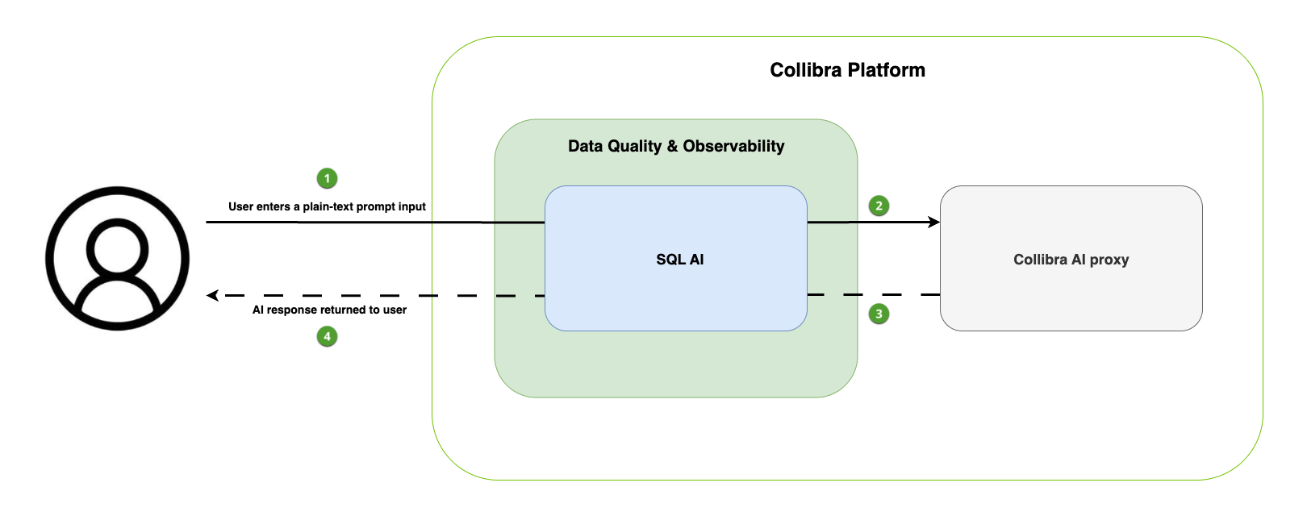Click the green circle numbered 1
(327, 178)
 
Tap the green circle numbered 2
(879, 206)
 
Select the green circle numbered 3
(879, 314)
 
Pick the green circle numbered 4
(327, 336)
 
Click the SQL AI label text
(679, 260)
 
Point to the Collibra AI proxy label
(1071, 260)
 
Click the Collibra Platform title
(847, 70)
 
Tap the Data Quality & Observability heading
(676, 146)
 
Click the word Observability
(733, 146)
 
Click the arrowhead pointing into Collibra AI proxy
(934, 222)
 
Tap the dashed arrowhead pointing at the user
(212, 296)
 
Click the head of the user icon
(117, 248)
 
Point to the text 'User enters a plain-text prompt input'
(327, 206)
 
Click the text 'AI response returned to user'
(329, 310)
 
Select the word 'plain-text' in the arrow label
(328, 206)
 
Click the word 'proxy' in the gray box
(1109, 260)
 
